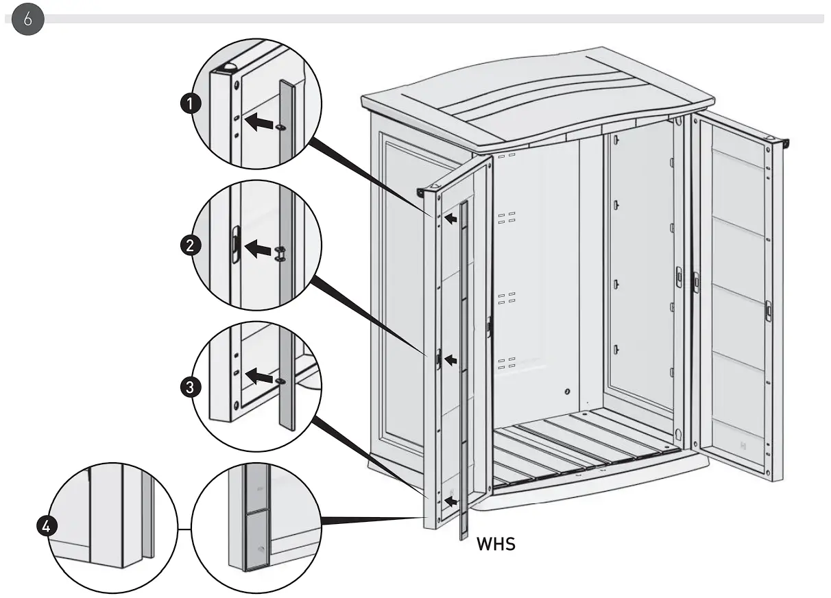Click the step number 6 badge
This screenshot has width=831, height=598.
click(x=27, y=19)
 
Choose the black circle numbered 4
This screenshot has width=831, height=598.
click(x=45, y=527)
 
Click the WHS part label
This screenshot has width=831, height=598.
click(x=496, y=545)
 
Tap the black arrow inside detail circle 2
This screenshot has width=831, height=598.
click(x=258, y=248)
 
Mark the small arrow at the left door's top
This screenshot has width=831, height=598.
click(x=450, y=219)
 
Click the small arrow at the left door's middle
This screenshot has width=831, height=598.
click(x=450, y=359)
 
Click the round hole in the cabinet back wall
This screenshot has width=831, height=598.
click(x=567, y=392)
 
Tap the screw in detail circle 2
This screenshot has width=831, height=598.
click(x=280, y=253)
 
